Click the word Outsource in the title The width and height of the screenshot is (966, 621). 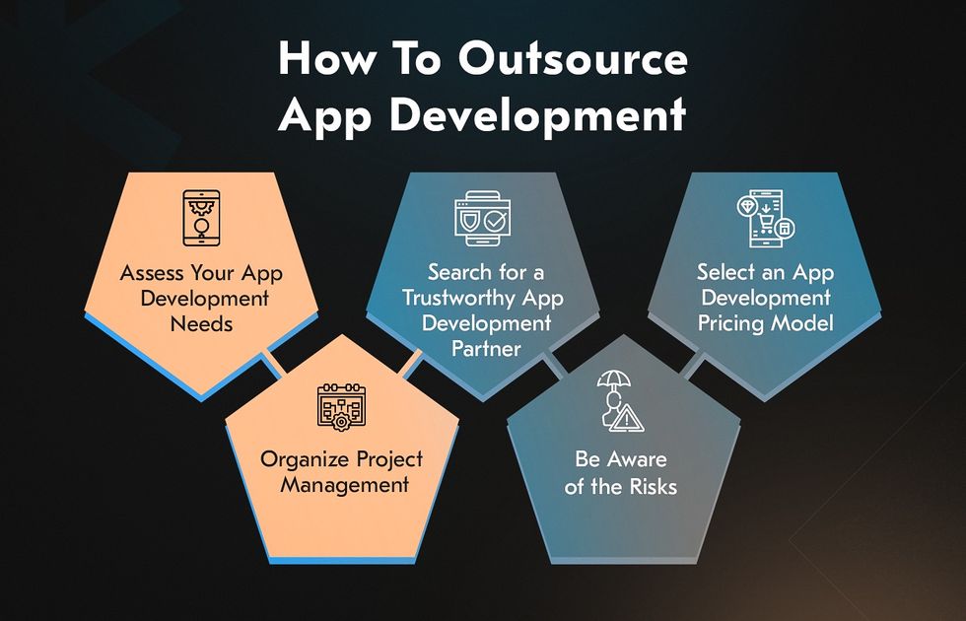click(x=573, y=59)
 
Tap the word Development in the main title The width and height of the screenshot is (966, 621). click(x=538, y=115)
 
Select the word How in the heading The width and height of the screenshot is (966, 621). click(x=326, y=59)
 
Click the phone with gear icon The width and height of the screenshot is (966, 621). click(x=201, y=218)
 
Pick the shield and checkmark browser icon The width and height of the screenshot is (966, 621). click(x=482, y=219)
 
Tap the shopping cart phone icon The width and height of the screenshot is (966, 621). click(x=766, y=219)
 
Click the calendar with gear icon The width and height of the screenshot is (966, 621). click(x=341, y=406)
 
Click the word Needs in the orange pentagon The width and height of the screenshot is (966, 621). click(x=201, y=324)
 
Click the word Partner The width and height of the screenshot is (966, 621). click(x=486, y=349)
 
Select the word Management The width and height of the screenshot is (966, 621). click(x=344, y=485)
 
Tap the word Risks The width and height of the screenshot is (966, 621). click(x=653, y=487)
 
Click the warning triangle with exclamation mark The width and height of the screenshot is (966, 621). click(x=626, y=419)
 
